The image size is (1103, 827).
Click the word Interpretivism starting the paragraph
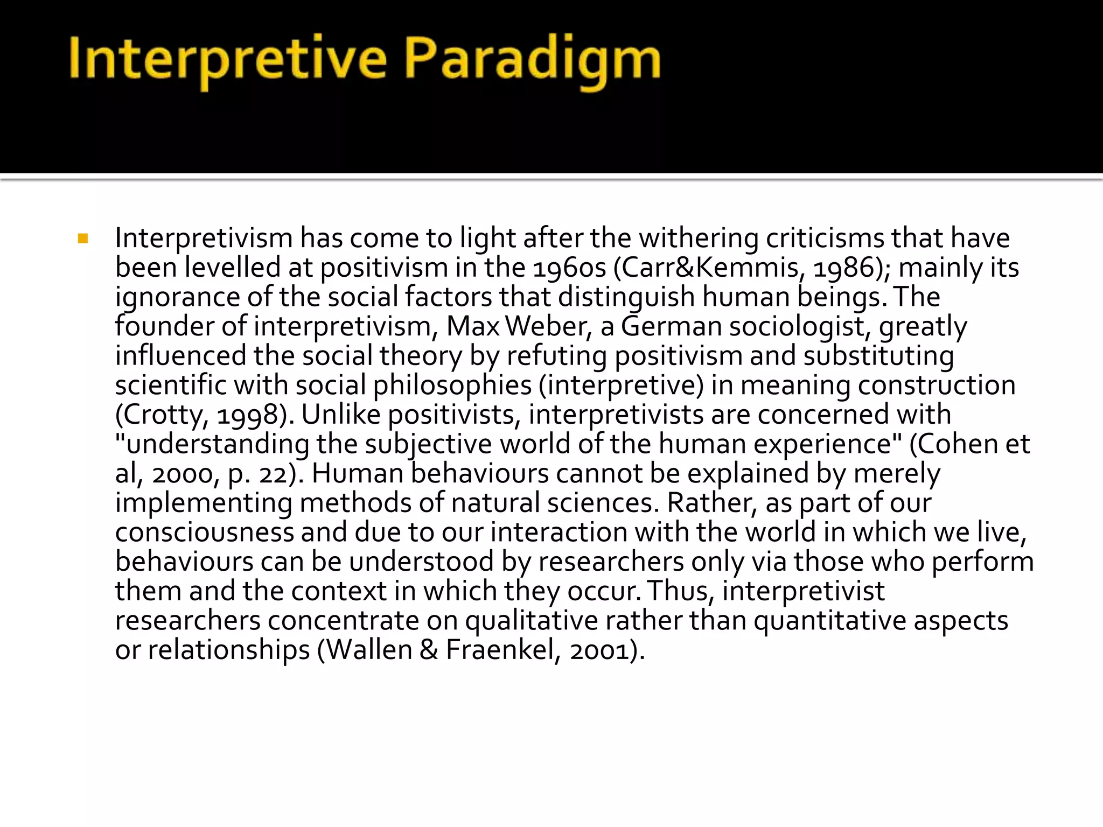(204, 239)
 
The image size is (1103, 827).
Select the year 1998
(247, 415)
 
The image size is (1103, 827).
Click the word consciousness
(204, 533)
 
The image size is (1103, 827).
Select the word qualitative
(531, 621)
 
